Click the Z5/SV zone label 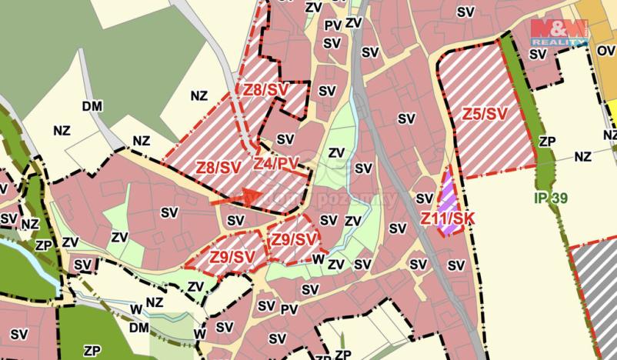pos(485,115)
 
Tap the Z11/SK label pos(447,218)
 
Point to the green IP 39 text pos(550,198)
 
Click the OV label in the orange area pos(605,51)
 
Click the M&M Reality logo pos(559,32)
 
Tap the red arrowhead pos(248,196)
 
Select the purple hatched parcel pos(447,195)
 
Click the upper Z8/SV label pos(266,90)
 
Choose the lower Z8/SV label pos(218,167)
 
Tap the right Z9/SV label pos(293,239)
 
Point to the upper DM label pos(92,105)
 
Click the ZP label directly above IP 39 pos(547,142)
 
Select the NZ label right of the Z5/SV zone pos(582,156)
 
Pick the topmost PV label pos(332,25)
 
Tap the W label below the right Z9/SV pos(317,259)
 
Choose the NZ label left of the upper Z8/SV pos(199,96)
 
